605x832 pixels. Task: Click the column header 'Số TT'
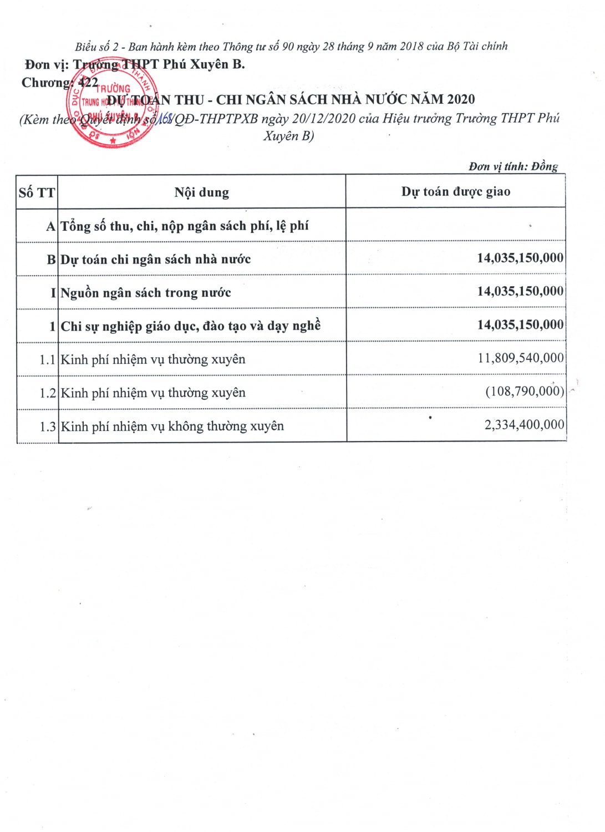pyautogui.click(x=37, y=192)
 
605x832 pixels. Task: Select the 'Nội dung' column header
pyautogui.click(x=201, y=192)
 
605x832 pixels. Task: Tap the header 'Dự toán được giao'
pyautogui.click(x=455, y=191)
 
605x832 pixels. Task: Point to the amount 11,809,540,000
pyautogui.click(x=520, y=358)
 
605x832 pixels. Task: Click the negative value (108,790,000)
pyautogui.click(x=524, y=391)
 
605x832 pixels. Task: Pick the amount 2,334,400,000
pyautogui.click(x=523, y=425)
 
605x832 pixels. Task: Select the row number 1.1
pyautogui.click(x=47, y=359)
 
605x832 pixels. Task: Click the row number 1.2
pyautogui.click(x=47, y=393)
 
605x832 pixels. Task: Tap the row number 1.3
pyautogui.click(x=47, y=427)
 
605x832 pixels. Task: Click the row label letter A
pyautogui.click(x=51, y=226)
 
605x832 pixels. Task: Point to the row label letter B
pyautogui.click(x=51, y=260)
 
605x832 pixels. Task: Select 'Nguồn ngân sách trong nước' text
pyautogui.click(x=145, y=293)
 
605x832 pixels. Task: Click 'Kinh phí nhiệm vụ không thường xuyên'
pyautogui.click(x=172, y=426)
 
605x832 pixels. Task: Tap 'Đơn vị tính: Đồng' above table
pyautogui.click(x=513, y=166)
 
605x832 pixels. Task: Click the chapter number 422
pyautogui.click(x=88, y=83)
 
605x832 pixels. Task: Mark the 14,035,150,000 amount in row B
pyautogui.click(x=520, y=258)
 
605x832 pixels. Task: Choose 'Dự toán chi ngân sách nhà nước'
pyautogui.click(x=155, y=260)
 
